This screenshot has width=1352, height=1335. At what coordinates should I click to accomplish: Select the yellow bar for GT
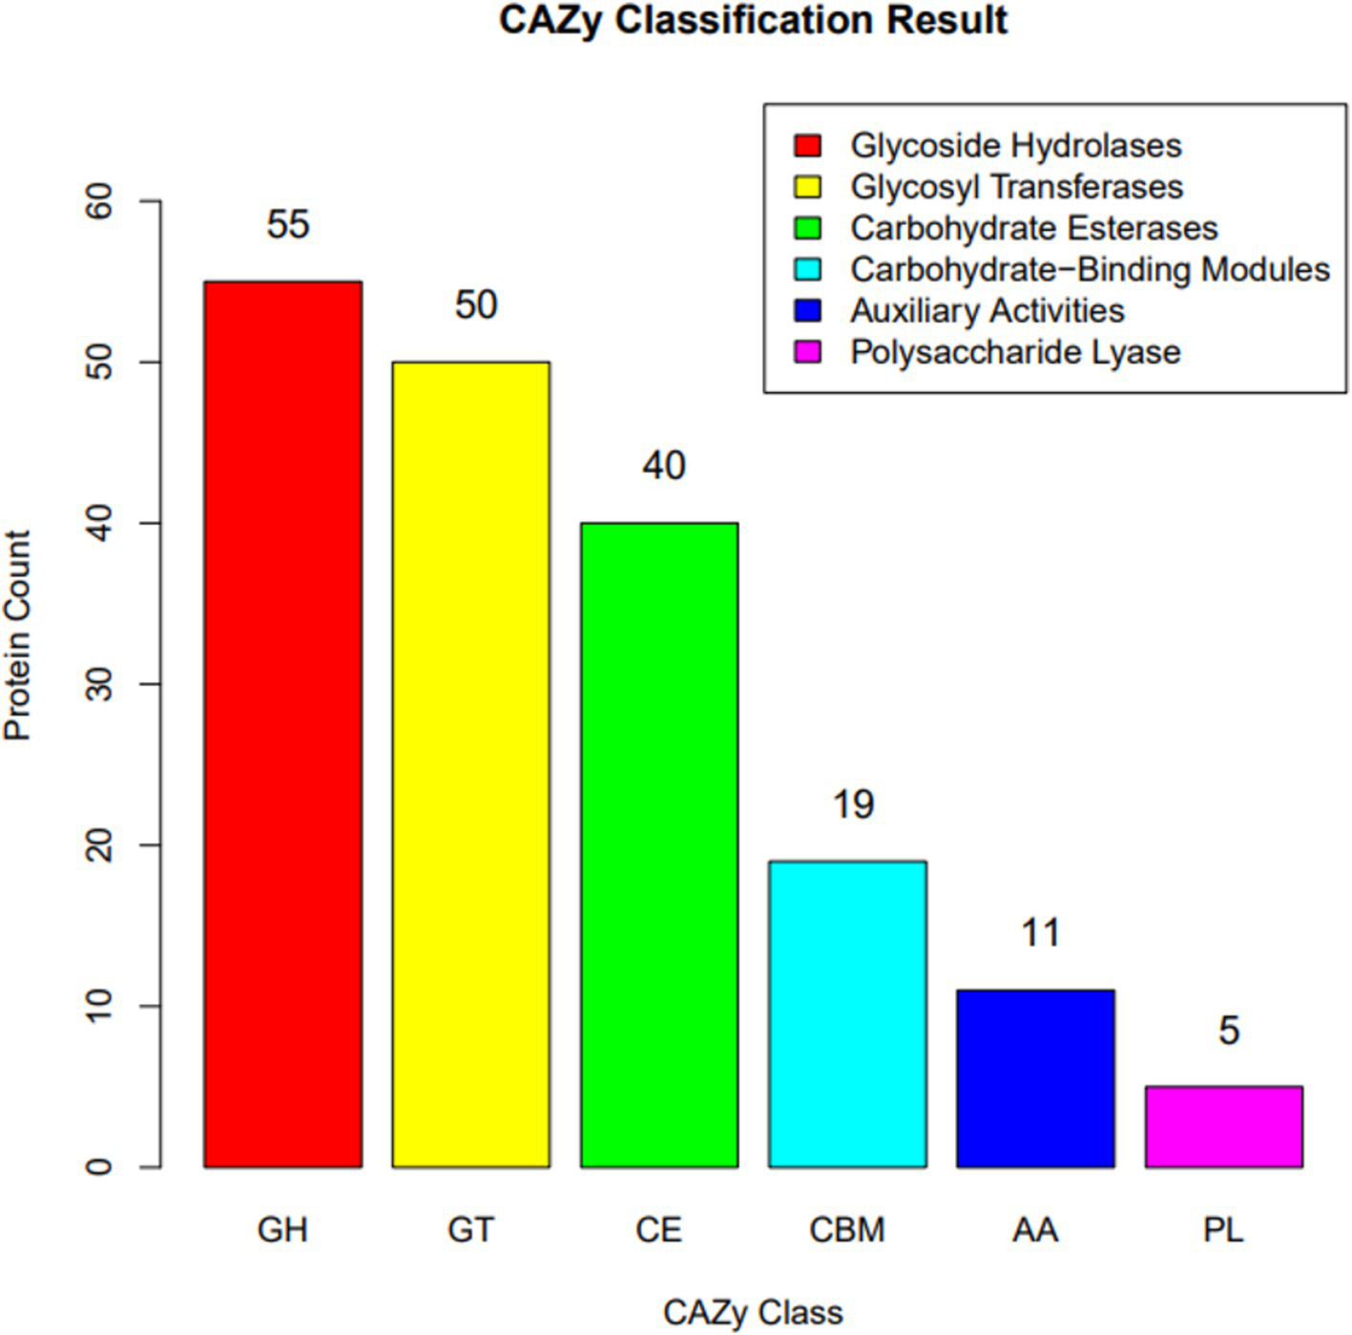tap(470, 763)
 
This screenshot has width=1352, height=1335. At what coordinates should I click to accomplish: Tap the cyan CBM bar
tap(847, 1013)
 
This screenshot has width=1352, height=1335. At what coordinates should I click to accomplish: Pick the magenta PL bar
tap(1223, 1126)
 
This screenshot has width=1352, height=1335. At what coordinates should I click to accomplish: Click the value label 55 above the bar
tap(287, 224)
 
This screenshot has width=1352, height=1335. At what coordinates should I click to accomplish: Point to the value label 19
tap(852, 804)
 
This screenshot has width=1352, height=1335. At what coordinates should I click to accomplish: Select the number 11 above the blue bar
tap(1040, 932)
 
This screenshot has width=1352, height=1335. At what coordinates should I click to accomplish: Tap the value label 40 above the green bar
tap(663, 466)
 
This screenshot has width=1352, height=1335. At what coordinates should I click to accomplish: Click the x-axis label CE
tap(658, 1230)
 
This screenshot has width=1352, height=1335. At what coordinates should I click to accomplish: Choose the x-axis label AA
tap(1035, 1230)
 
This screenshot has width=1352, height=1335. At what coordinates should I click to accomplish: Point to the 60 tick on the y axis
tap(99, 201)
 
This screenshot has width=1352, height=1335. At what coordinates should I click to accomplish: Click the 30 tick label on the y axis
tap(99, 684)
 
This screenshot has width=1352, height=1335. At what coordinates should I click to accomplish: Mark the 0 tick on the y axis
tap(99, 1166)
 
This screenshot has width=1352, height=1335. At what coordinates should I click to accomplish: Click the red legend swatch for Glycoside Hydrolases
tap(807, 145)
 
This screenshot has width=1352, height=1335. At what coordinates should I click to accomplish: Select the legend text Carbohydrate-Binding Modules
tap(1090, 269)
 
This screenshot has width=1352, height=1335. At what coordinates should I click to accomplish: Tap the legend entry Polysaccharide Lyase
tap(1015, 352)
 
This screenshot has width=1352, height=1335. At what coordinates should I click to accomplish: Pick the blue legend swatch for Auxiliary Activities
tap(807, 311)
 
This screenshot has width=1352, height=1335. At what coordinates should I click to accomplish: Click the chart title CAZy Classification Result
tap(753, 21)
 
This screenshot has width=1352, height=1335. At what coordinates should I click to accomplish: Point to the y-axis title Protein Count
tap(17, 636)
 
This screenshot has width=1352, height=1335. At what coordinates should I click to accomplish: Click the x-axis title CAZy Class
tap(753, 1312)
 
